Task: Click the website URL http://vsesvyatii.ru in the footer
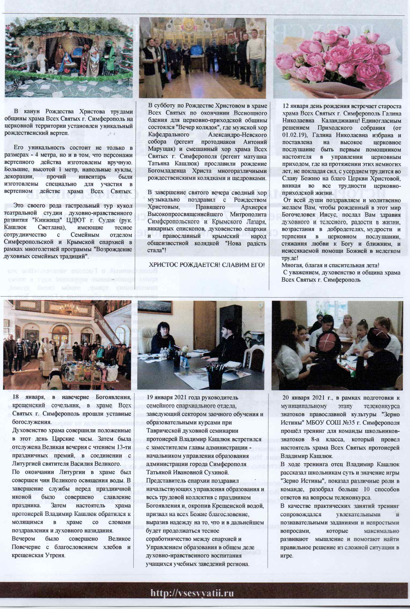click(192, 593)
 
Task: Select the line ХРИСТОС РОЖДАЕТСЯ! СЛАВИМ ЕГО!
click(207, 265)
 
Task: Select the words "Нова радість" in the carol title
click(249, 243)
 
